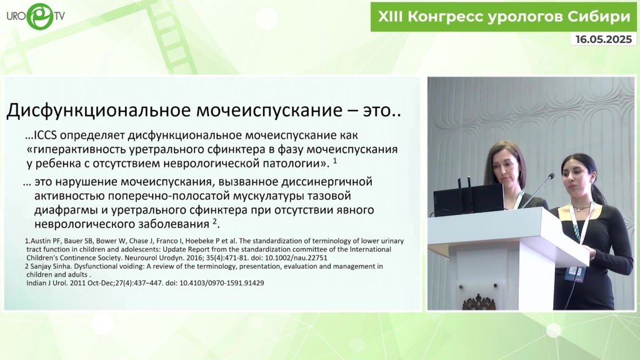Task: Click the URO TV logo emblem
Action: [40, 16]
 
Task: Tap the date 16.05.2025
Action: [604, 39]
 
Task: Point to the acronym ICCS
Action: [47, 135]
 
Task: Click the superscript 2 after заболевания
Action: [215, 222]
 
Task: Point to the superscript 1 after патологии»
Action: [335, 161]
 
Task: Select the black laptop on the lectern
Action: [469, 199]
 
